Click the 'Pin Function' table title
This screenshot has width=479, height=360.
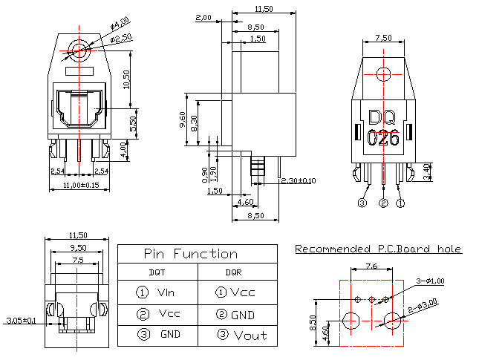(190, 254)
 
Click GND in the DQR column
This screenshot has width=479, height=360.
(241, 314)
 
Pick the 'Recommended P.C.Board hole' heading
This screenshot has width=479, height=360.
(378, 249)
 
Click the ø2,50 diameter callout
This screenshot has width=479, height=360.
(122, 37)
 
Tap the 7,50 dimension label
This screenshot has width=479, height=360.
(384, 37)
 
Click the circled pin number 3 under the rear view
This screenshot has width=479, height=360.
(362, 203)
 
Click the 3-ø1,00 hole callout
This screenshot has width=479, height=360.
(431, 281)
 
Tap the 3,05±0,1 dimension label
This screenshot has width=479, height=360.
(20, 321)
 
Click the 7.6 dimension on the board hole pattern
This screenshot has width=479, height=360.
(372, 266)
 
